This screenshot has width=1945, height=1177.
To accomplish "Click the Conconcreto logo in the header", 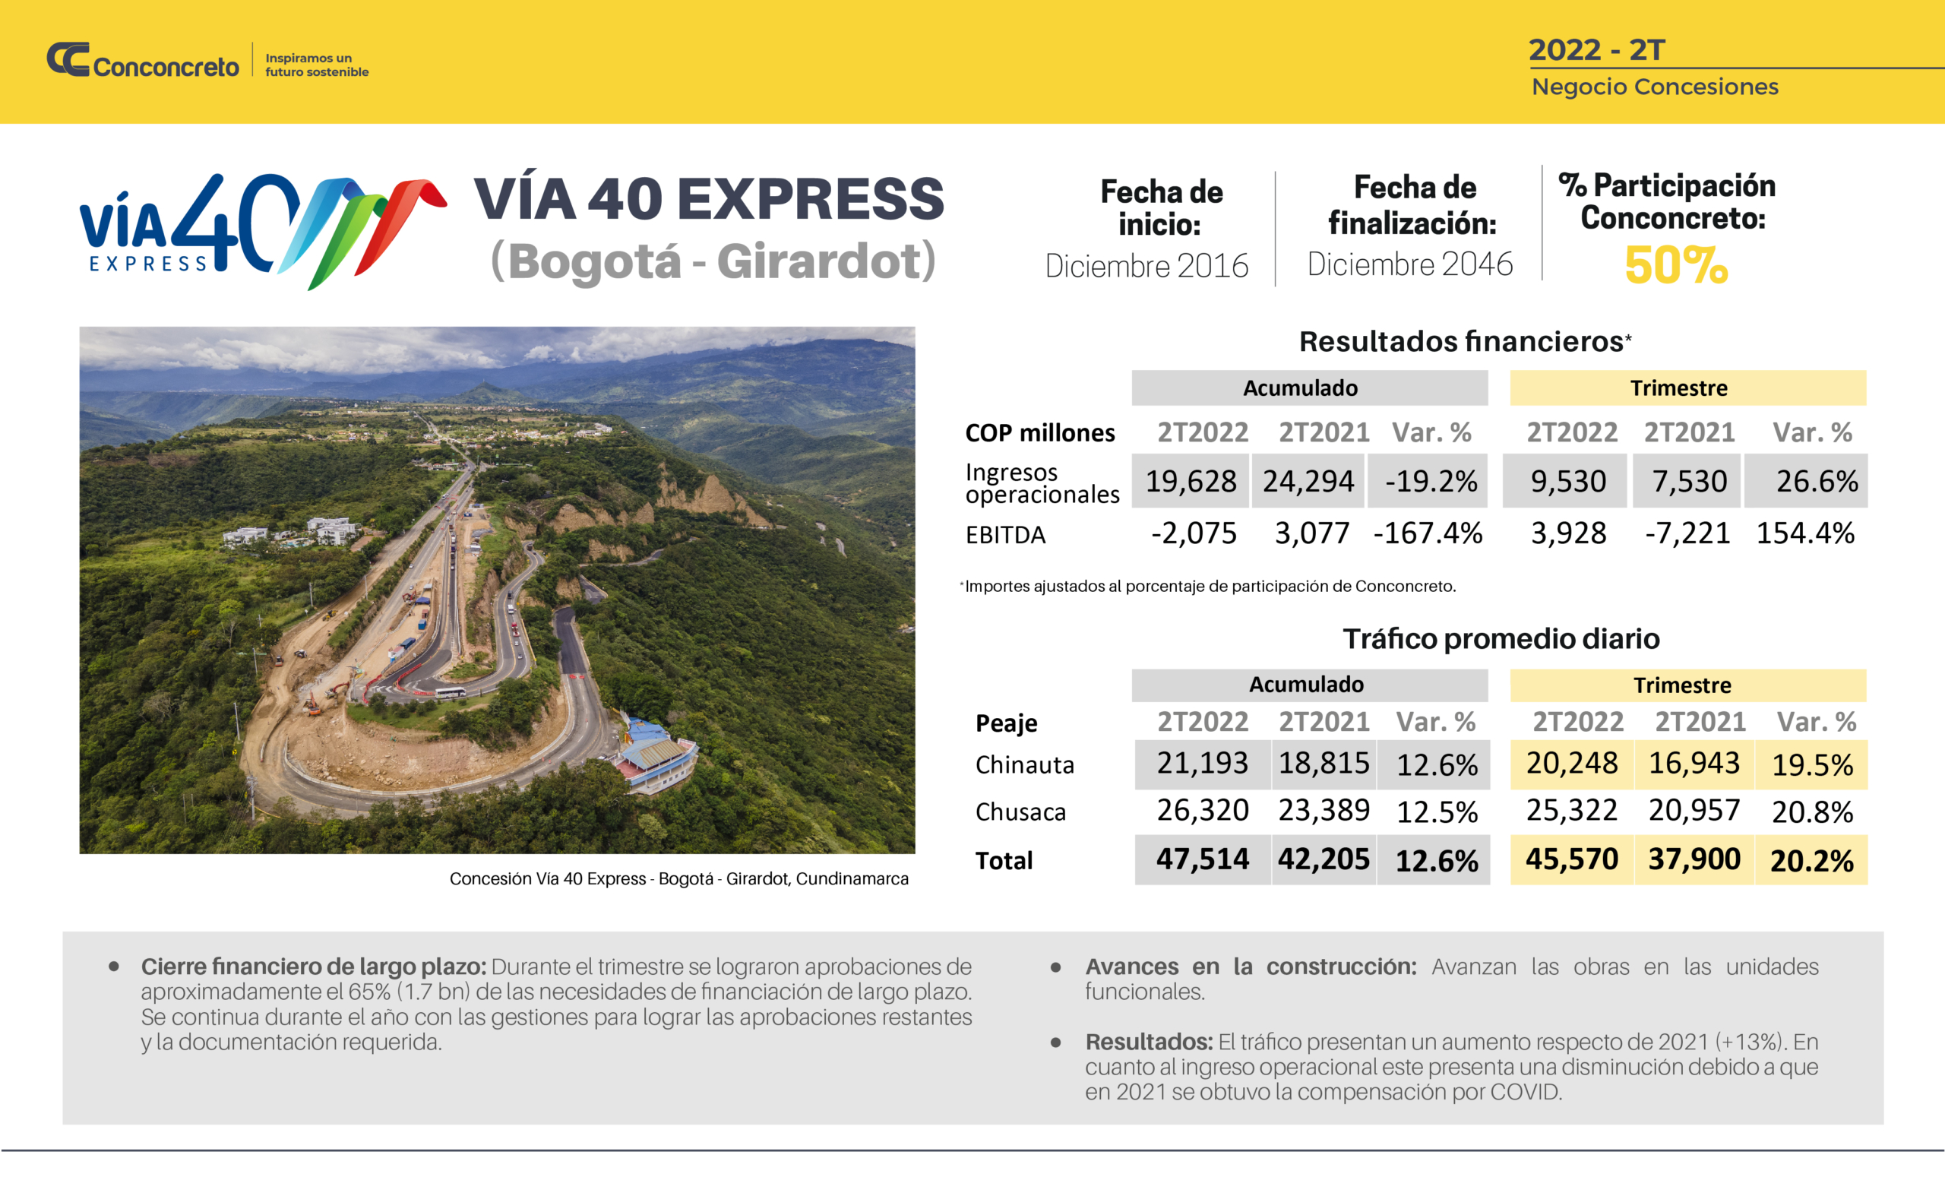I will click(143, 62).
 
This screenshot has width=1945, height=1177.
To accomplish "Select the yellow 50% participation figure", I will click(1676, 265).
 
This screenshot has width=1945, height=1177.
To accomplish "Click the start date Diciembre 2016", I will click(1146, 266).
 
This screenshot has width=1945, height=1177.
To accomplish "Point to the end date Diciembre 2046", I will click(1410, 264).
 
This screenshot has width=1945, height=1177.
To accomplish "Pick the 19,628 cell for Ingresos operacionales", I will click(1191, 482).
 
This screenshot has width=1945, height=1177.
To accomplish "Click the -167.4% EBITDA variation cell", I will click(1427, 533).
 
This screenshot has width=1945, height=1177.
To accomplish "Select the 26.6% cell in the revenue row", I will click(1817, 482).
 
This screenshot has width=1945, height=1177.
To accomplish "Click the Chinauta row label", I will click(1025, 765).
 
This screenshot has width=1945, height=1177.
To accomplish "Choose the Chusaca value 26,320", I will click(1202, 811).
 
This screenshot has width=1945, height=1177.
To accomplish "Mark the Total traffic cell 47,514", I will click(1202, 859).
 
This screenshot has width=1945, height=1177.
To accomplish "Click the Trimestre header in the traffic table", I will click(1682, 685).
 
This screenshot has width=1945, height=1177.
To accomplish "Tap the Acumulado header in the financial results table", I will click(1300, 388).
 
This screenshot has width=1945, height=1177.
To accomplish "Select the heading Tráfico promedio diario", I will click(1501, 638).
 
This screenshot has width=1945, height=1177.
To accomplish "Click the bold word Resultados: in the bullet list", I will click(1148, 1042).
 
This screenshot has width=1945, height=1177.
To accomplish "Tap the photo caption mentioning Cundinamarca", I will click(679, 878).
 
